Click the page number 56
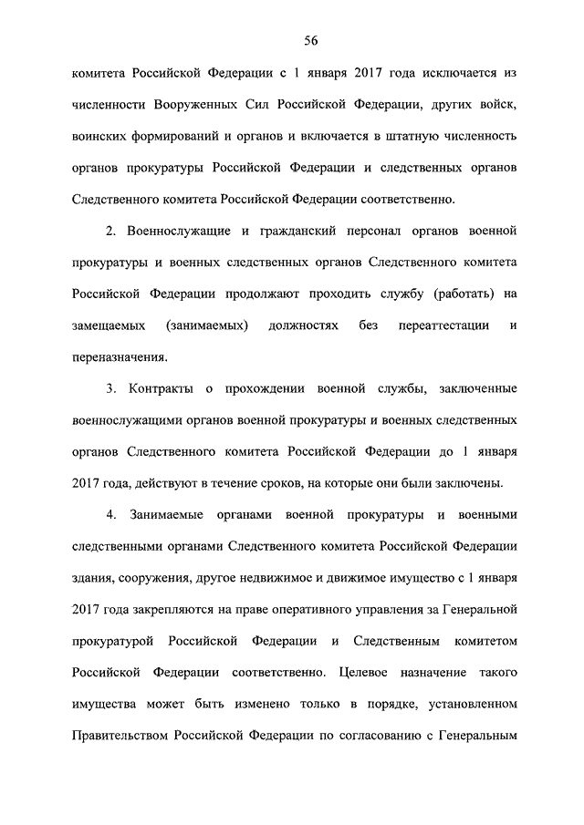[310, 40]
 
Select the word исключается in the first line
[462, 73]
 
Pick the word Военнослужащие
[186, 231]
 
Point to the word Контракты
[161, 389]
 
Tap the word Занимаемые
[171, 515]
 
